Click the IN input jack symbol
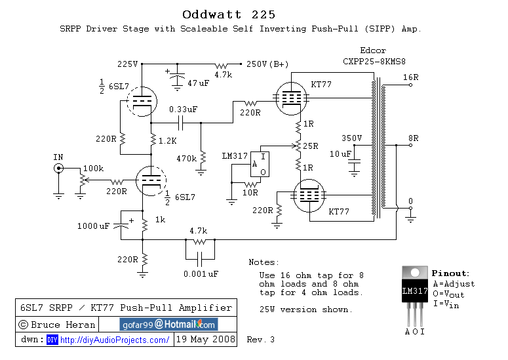[58, 169]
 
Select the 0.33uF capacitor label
[183, 109]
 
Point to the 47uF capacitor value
[198, 83]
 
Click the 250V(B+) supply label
[267, 64]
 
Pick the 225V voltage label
[127, 64]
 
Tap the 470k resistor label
[187, 159]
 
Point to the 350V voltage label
[352, 138]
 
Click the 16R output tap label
[410, 77]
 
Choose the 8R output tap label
[414, 138]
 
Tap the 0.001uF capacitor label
[201, 273]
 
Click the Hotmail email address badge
[168, 324]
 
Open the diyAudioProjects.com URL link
[115, 340]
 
